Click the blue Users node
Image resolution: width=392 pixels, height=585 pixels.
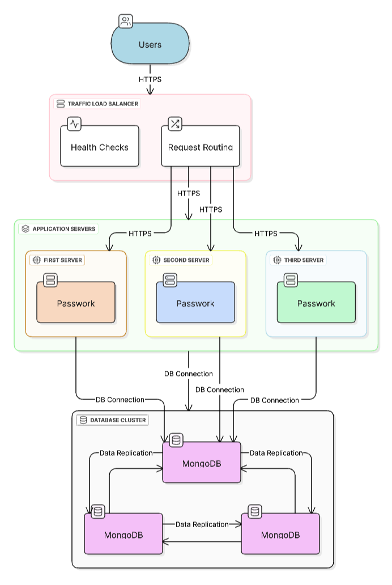coord(150,45)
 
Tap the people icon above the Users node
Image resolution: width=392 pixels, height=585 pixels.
coord(126,22)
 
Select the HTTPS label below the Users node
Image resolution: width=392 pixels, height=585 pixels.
coord(150,79)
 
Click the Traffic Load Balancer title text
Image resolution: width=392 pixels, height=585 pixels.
coord(103,104)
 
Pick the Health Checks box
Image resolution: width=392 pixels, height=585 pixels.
coord(100,147)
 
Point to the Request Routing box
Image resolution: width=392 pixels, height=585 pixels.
coord(201,147)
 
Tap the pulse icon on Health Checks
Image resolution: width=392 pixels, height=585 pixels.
coord(75,124)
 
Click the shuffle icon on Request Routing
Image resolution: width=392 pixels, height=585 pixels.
coord(175,124)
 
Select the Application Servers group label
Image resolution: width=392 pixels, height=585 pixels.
coord(64,229)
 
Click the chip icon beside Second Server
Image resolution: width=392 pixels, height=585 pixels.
coord(156,260)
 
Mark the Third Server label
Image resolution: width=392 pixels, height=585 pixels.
coord(305,260)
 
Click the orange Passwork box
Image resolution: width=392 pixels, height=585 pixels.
coord(76,303)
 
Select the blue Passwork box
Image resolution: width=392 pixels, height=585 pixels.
coord(195,303)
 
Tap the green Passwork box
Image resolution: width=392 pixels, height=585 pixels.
coord(316,303)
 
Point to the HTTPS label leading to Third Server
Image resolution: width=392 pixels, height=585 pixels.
coord(266,234)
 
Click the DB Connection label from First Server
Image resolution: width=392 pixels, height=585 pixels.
coord(120,400)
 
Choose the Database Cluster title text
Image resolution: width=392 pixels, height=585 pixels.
coord(118,420)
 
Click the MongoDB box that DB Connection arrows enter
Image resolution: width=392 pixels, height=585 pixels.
coord(202,463)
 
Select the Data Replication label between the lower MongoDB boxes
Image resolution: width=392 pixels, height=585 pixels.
coord(202,524)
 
